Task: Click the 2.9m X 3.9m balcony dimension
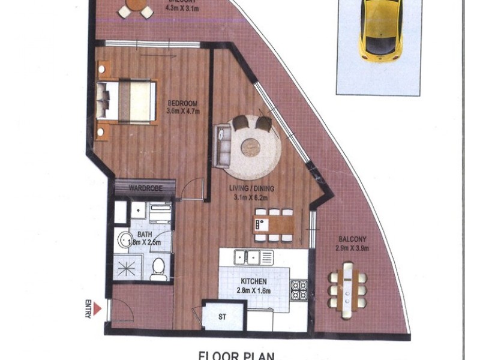pyautogui.click(x=352, y=248)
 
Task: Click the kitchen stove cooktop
pyautogui.click(x=299, y=290)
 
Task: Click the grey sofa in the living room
pyautogui.click(x=222, y=145)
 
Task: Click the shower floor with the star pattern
pyautogui.click(x=128, y=268)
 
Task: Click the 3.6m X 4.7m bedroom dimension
pyautogui.click(x=184, y=111)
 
